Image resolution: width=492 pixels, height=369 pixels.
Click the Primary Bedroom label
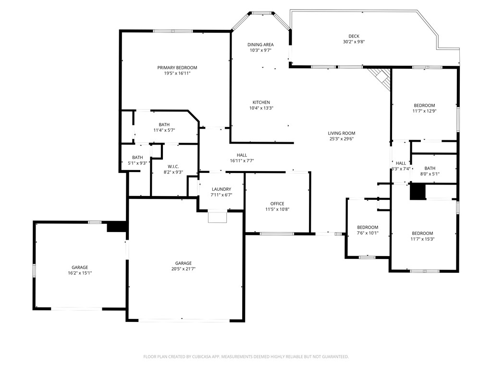click(x=177, y=68)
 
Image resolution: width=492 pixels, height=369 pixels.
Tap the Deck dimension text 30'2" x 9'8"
click(x=350, y=42)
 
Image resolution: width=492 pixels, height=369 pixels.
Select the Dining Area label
click(x=260, y=45)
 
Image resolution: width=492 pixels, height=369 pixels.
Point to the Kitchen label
click(x=261, y=102)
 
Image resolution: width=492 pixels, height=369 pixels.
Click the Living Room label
click(x=342, y=133)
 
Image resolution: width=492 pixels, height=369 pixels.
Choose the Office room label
click(x=277, y=204)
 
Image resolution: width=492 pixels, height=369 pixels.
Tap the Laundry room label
click(x=221, y=189)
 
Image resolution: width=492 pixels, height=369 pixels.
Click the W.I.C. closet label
click(x=173, y=166)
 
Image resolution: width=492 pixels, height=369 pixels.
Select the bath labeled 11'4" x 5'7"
click(x=164, y=125)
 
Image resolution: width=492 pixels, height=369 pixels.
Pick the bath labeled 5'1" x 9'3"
click(x=137, y=158)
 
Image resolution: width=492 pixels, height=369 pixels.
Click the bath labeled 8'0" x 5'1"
click(x=430, y=168)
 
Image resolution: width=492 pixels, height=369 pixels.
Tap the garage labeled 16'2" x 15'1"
click(x=80, y=268)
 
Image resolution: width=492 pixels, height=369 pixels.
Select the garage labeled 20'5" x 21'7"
click(x=184, y=263)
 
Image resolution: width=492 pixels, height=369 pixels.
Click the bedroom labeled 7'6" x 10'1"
click(x=368, y=227)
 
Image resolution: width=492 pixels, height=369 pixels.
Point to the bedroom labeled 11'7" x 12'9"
click(x=424, y=106)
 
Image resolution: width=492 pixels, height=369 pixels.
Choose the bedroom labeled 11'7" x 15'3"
click(x=422, y=234)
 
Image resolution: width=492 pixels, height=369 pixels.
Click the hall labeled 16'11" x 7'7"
click(x=242, y=155)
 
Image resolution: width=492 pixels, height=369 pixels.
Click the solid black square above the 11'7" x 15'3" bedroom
click(x=418, y=192)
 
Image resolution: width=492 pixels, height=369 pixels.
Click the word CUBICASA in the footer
click(x=205, y=357)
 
